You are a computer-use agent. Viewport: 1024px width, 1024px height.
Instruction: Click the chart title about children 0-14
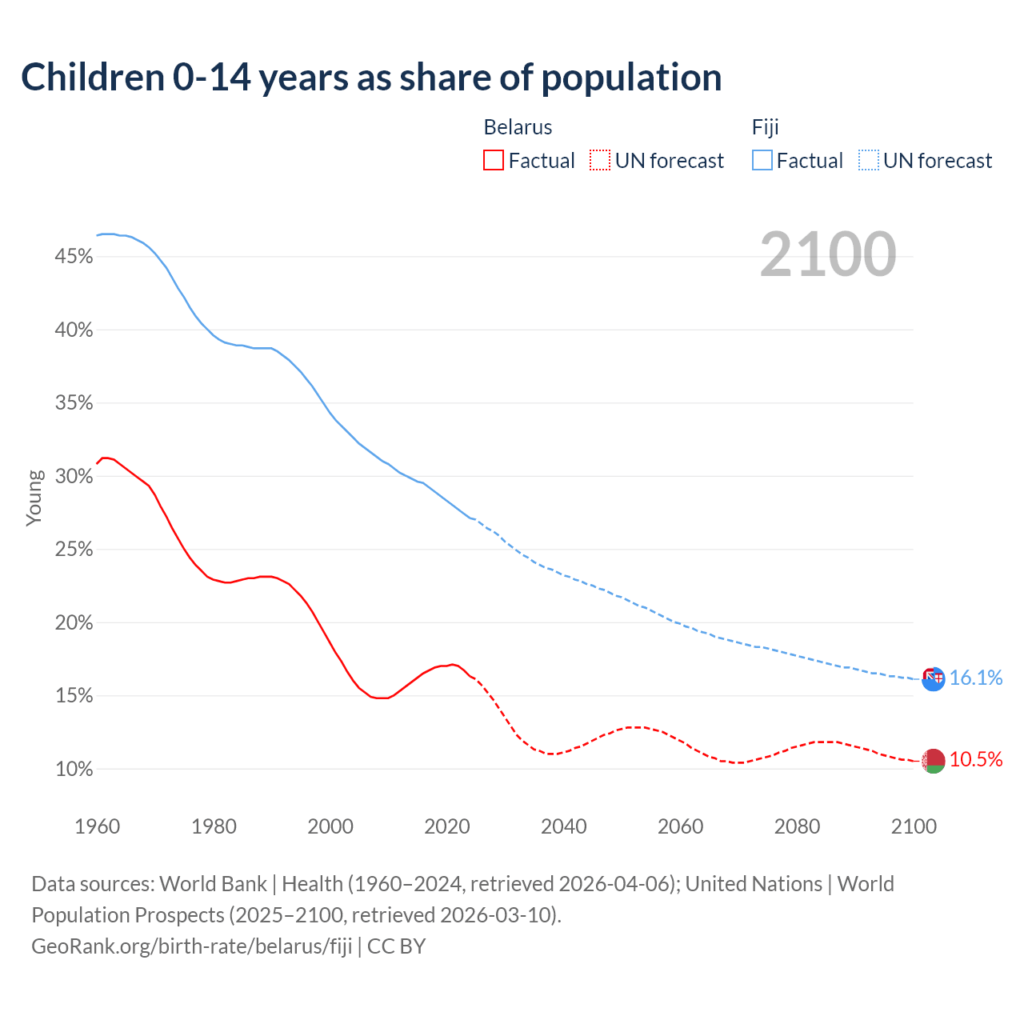point(371,78)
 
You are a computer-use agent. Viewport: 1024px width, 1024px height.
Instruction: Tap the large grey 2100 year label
point(827,254)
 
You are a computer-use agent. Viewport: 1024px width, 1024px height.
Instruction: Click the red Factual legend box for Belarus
point(494,161)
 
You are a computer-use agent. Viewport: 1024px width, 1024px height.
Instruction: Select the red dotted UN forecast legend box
point(600,161)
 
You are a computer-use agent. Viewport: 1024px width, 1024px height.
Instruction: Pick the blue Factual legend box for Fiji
point(762,161)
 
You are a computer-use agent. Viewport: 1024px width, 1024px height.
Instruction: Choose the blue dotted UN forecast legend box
point(868,161)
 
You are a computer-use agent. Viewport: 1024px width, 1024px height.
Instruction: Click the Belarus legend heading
point(518,127)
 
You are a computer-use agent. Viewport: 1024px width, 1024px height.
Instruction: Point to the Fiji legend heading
point(765,127)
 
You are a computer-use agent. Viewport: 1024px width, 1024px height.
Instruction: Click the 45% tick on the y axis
point(74,257)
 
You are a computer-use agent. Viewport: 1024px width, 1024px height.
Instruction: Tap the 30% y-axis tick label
point(74,477)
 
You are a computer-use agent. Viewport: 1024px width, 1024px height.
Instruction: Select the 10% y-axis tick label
point(74,770)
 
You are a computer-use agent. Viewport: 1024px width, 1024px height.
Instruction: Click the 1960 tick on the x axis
point(97,826)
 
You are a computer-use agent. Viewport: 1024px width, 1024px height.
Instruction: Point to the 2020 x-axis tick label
point(447,826)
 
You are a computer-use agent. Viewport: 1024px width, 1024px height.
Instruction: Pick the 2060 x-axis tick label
point(680,826)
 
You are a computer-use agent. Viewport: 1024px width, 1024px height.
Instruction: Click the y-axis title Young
point(34,498)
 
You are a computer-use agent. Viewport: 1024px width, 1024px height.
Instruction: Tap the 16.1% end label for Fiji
point(976,678)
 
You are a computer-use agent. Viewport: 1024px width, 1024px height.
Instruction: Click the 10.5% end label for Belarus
point(976,760)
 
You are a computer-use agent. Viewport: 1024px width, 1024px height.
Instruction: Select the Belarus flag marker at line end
point(934,761)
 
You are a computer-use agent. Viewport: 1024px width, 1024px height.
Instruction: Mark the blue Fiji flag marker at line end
point(934,679)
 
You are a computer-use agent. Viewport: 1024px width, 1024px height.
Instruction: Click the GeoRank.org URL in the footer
point(192,946)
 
